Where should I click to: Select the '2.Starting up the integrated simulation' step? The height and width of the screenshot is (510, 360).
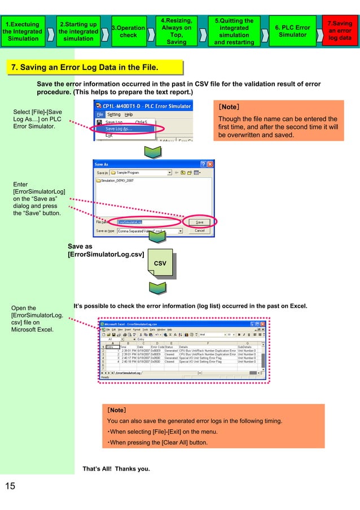click(x=78, y=31)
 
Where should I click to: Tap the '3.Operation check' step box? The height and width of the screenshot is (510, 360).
click(x=128, y=31)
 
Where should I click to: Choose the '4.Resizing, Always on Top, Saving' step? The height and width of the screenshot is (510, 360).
click(x=176, y=31)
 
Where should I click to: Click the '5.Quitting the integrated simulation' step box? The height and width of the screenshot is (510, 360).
click(x=234, y=31)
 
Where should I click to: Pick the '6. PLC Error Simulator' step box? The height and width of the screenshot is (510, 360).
click(x=292, y=31)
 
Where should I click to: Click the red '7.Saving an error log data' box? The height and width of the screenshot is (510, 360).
click(x=340, y=31)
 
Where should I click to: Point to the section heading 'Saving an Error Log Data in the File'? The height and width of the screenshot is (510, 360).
click(x=85, y=68)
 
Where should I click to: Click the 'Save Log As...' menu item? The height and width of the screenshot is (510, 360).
click(x=121, y=129)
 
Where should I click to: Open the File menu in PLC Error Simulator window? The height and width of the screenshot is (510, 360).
click(x=99, y=114)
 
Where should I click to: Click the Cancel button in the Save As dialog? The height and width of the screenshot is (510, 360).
click(x=200, y=230)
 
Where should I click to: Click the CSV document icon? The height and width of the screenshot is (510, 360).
click(x=160, y=264)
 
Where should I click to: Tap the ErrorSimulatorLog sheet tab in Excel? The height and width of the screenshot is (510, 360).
click(x=126, y=373)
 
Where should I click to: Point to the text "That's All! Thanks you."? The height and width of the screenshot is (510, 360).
click(x=116, y=468)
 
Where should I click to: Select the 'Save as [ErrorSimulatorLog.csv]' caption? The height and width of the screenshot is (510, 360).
click(x=105, y=250)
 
